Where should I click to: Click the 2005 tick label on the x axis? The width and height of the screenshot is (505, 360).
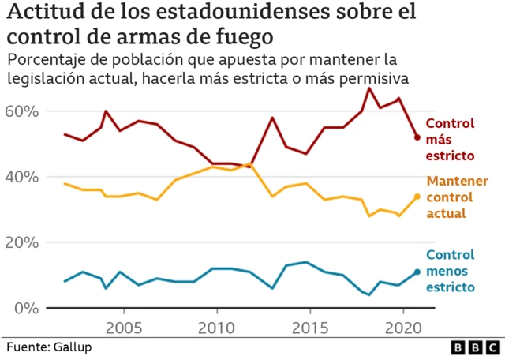click(x=124, y=328)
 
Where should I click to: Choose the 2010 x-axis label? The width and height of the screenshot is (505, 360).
click(x=216, y=328)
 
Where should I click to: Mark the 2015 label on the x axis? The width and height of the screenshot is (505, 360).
click(x=309, y=328)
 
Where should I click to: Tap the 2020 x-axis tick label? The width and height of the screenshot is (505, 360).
click(x=402, y=328)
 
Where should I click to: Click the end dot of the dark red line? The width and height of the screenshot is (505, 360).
click(x=417, y=137)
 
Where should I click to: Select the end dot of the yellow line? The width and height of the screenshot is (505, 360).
click(x=417, y=197)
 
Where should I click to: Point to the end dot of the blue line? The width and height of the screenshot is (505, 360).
click(x=417, y=272)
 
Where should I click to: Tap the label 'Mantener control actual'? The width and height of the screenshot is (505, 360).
click(x=457, y=197)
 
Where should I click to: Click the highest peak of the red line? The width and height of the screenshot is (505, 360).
click(x=368, y=88)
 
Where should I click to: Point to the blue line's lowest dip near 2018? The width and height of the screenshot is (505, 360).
click(x=368, y=294)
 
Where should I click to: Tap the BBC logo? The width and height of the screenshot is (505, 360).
click(x=475, y=347)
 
